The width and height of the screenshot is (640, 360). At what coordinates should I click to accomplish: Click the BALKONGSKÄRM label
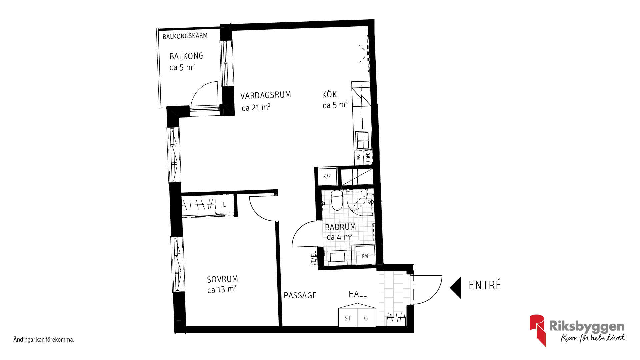185,36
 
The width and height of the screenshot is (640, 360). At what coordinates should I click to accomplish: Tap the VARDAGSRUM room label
266,95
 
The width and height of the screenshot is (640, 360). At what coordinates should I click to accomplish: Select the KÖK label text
329,94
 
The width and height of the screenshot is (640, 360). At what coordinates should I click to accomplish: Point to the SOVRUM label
222,279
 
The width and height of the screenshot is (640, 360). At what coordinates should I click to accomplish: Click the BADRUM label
340,227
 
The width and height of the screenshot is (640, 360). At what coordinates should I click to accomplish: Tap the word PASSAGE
300,295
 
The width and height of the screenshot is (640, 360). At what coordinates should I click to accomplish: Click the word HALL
358,294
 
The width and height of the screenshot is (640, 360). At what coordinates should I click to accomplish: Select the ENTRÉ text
485,285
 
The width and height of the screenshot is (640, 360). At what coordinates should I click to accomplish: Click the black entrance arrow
455,287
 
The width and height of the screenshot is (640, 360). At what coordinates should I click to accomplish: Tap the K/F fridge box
327,176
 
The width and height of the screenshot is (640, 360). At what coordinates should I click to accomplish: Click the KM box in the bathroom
365,256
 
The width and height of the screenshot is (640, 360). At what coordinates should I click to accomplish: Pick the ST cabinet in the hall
348,317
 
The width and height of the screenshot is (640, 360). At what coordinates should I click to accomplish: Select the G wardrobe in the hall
366,317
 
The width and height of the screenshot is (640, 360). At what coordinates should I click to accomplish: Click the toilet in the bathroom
337,200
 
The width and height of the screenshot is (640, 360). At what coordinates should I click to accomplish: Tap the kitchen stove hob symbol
363,140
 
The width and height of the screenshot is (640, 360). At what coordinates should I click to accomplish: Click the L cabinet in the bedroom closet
224,205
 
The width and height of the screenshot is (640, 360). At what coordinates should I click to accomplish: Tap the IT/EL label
313,258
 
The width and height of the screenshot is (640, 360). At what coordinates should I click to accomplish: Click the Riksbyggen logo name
587,326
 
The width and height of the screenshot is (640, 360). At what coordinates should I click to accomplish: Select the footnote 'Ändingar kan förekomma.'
44,340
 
